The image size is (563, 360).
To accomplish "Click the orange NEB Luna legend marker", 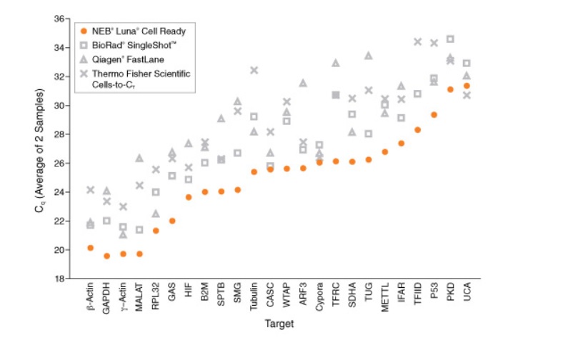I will click(84, 31).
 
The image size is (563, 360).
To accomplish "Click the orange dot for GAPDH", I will click(107, 256).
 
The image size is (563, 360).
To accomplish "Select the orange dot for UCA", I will click(467, 86).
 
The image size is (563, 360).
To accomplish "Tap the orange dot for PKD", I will click(450, 89).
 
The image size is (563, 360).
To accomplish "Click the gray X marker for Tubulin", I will click(254, 70).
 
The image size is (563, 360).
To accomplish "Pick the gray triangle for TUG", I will click(369, 56).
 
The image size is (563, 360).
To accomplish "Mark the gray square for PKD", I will click(450, 39).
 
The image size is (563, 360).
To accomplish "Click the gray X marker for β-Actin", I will click(91, 190).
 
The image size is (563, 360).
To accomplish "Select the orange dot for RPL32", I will click(156, 231).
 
